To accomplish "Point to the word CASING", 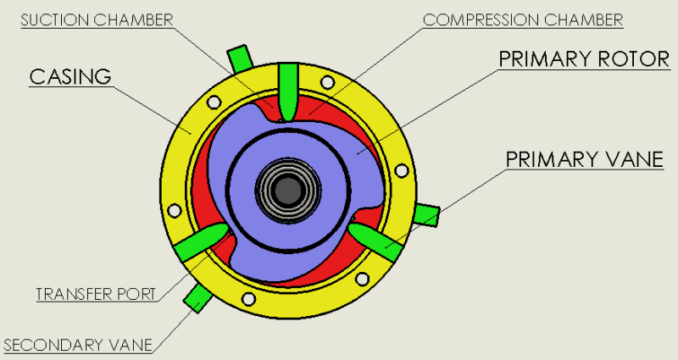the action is click(x=71, y=76).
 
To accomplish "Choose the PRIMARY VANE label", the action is click(x=584, y=159).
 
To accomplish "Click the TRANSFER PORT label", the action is click(x=96, y=295).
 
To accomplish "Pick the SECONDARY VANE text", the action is click(x=78, y=345).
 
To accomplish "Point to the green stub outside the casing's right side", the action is click(x=426, y=216).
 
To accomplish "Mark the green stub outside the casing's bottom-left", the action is click(x=197, y=296).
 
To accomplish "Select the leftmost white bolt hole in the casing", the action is click(x=175, y=210).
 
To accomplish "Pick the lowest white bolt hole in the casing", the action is click(x=248, y=299).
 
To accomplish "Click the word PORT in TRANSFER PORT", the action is click(x=136, y=295).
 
